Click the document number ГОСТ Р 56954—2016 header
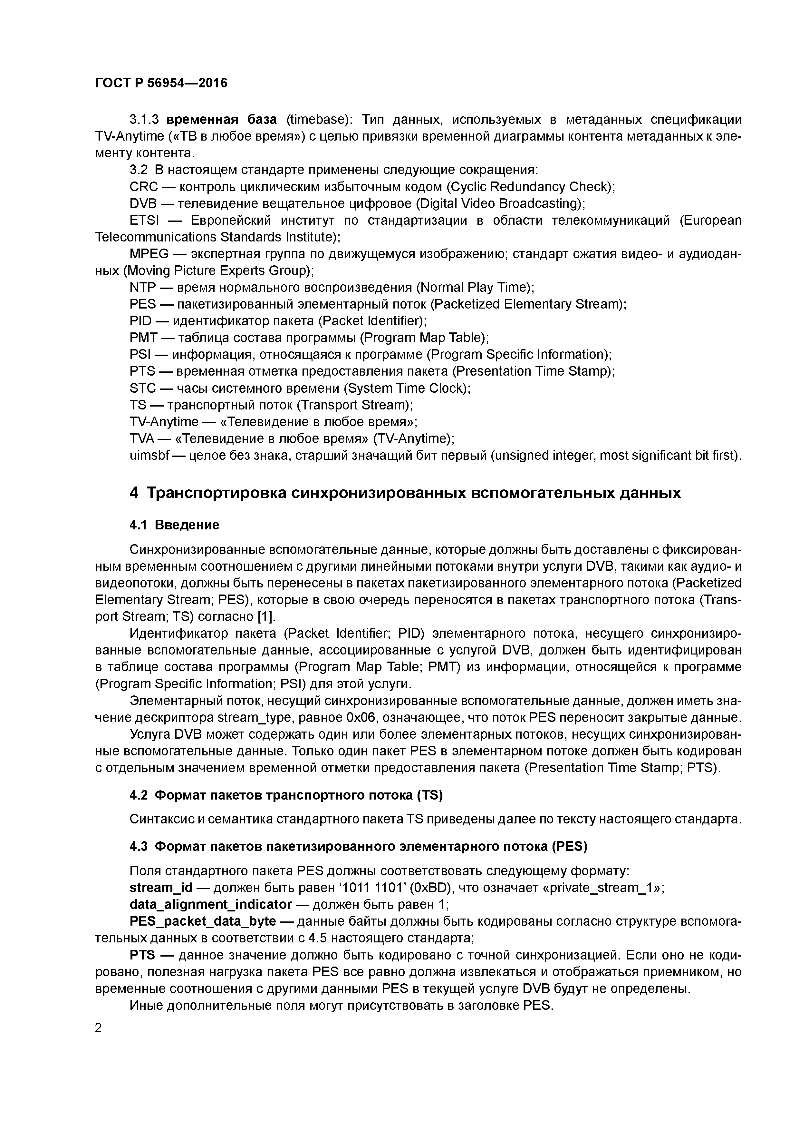[161, 83]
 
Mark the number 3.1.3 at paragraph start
[144, 120]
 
